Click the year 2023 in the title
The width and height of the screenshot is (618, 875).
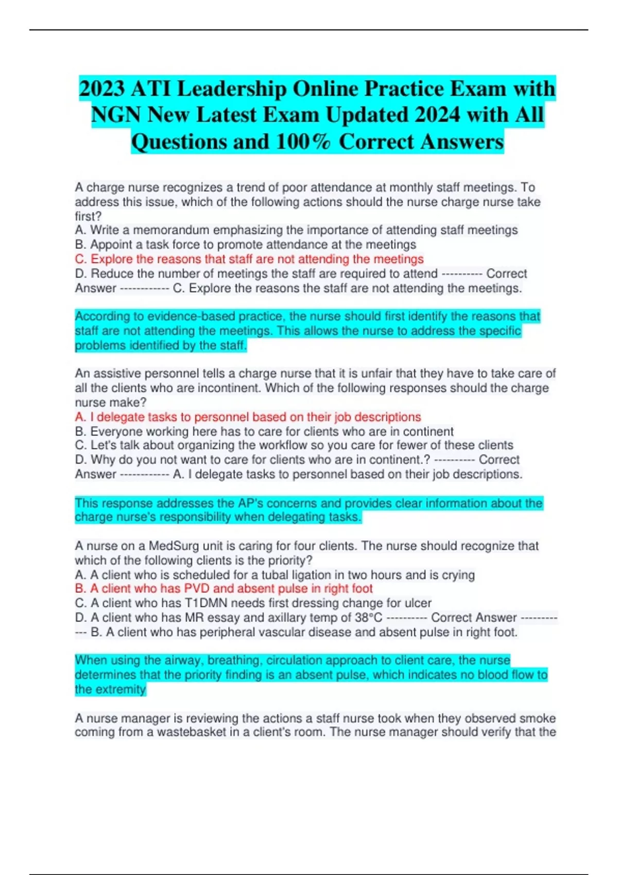[x=101, y=89]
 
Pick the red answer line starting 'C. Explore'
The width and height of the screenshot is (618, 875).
[x=249, y=259]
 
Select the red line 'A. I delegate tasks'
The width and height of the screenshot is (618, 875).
[x=248, y=417]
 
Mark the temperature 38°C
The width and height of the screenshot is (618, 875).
[x=369, y=618]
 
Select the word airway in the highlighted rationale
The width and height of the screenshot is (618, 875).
[x=178, y=660]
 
